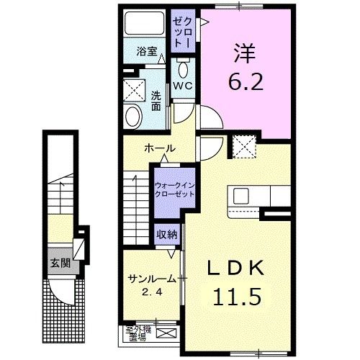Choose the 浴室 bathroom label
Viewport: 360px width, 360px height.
coord(147,52)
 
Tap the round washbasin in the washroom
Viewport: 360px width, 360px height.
coord(134,115)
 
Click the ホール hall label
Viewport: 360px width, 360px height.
coord(159,148)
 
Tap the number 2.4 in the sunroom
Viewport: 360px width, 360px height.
coord(149,292)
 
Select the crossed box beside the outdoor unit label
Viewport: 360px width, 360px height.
coord(168,333)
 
